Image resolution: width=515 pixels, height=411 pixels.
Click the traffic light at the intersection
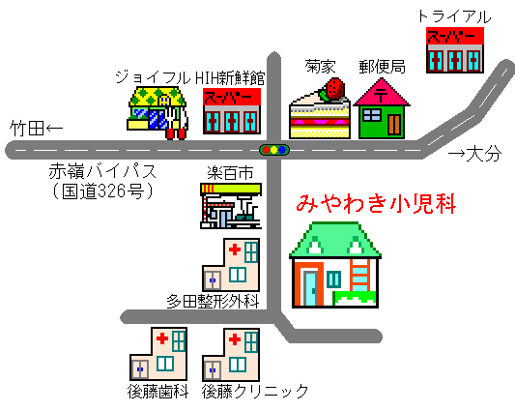(274, 150)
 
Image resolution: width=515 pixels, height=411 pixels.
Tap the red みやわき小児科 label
(377, 204)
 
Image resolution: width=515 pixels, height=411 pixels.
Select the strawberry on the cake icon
(334, 88)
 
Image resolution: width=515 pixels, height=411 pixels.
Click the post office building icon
(382, 108)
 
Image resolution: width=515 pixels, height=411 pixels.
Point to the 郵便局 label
(382, 67)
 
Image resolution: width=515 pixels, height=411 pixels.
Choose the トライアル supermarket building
(455, 50)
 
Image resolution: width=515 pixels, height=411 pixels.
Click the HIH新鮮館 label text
(230, 78)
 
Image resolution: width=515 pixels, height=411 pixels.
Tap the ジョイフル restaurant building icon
(157, 113)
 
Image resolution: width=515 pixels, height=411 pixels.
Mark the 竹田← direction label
(36, 128)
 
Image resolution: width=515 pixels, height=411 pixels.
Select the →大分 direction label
(475, 153)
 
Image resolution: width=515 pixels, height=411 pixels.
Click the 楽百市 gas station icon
(231, 206)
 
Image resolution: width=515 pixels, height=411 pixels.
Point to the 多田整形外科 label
(214, 301)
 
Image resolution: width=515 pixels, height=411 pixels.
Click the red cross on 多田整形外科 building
(235, 250)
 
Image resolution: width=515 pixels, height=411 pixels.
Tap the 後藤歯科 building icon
(158, 354)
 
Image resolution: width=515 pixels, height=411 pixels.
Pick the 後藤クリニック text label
(255, 392)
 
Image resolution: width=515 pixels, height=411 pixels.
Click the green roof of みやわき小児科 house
(335, 240)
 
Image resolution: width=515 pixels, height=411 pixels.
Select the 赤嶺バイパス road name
(102, 171)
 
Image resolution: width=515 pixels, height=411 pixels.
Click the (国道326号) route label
(102, 191)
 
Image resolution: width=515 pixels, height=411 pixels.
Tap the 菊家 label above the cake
(320, 67)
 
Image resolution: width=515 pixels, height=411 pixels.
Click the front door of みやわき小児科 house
(310, 288)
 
